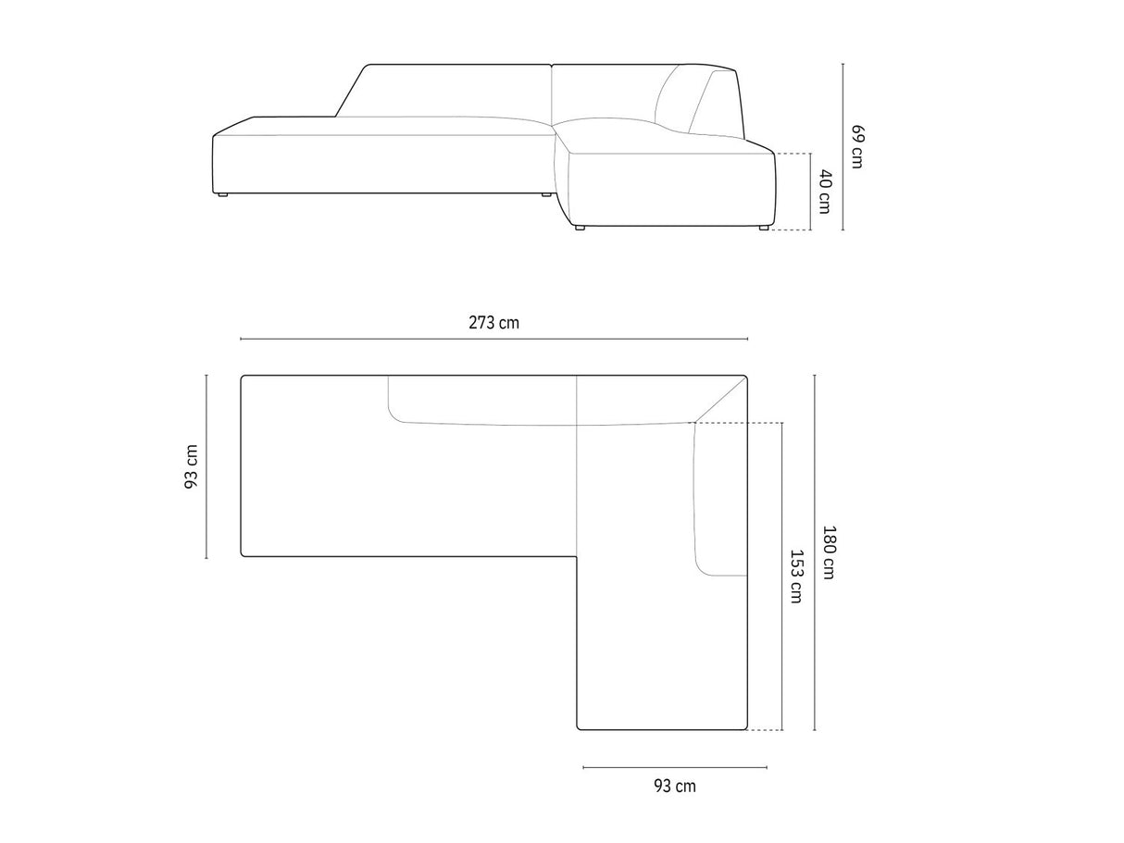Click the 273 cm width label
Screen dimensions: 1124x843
click(x=493, y=323)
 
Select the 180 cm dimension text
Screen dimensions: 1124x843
click(x=829, y=552)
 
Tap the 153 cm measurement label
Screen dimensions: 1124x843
click(x=796, y=576)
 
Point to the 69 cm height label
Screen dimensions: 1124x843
click(x=856, y=146)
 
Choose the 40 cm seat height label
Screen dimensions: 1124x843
click(x=824, y=192)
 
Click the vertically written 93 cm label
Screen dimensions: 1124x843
click(x=191, y=466)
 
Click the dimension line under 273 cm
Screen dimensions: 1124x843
click(x=493, y=339)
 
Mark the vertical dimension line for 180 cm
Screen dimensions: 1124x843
click(x=815, y=552)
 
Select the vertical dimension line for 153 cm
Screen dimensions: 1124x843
click(x=782, y=576)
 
